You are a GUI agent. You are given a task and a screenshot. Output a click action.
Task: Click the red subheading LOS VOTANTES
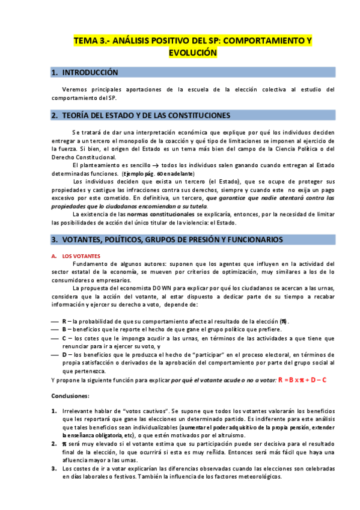coord(81,256)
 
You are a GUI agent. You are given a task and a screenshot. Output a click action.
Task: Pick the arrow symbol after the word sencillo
coord(154,165)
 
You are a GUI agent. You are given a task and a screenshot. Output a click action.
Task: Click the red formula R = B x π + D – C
coord(302,380)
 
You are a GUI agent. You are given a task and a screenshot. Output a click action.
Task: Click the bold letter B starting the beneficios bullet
coord(64,330)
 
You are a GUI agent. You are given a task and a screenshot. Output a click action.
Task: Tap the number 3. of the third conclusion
coord(55,468)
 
